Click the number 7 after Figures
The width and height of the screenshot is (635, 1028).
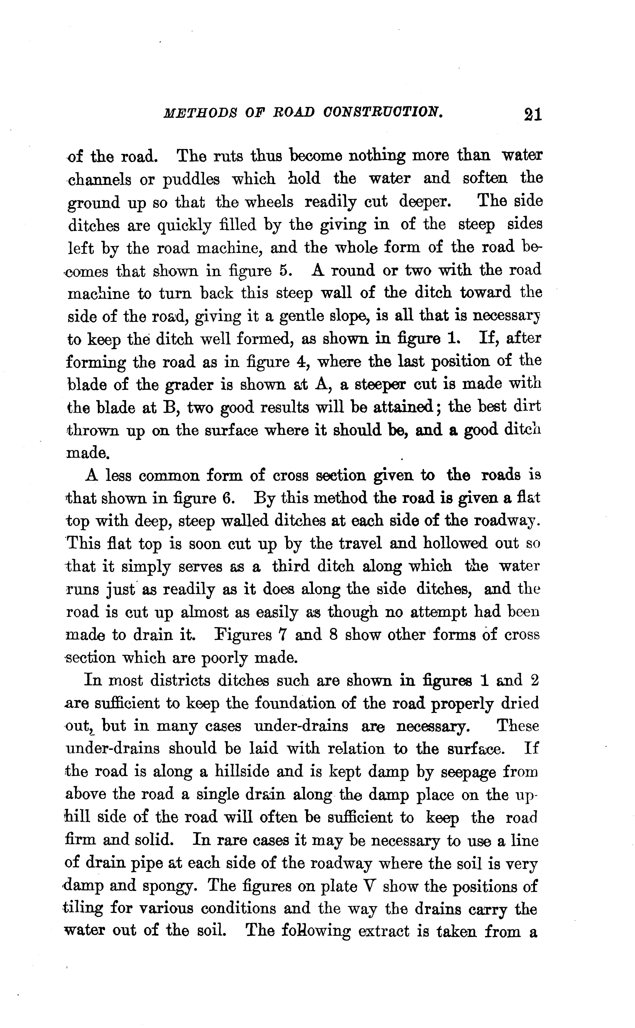pos(282,634)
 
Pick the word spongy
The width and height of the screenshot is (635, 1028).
pos(168,886)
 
